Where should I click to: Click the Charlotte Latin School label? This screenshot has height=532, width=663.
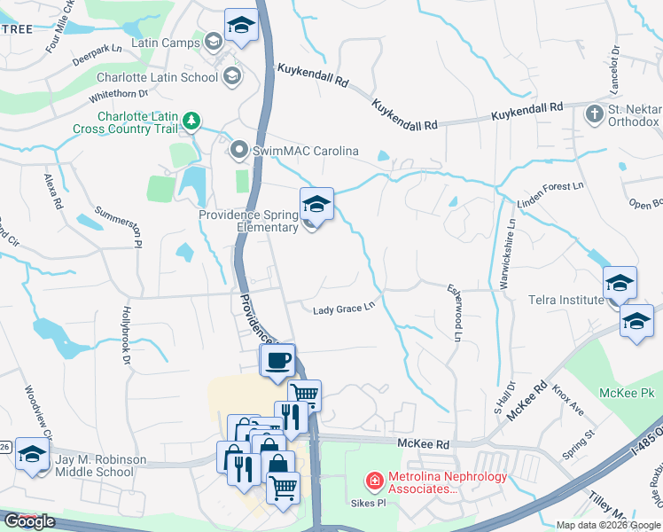pos(157,77)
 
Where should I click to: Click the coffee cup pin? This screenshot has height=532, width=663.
pos(277,361)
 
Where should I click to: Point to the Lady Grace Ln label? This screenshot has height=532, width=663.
pos(345,309)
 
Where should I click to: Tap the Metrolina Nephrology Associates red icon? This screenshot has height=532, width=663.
pos(375,481)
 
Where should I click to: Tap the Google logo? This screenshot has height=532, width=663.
pos(29,521)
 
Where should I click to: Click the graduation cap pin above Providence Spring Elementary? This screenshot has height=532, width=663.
pos(316,205)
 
